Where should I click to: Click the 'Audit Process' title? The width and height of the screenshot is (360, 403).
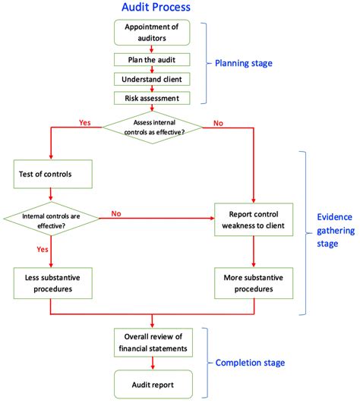156,8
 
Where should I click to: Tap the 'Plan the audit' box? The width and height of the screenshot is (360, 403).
153,59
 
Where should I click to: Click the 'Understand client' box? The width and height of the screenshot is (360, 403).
153,79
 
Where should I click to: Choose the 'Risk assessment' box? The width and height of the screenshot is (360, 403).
153,98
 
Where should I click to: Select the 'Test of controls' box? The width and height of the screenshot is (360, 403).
52,175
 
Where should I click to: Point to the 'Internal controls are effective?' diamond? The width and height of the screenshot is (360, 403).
52,221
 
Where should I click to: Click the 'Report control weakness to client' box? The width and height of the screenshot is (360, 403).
254,221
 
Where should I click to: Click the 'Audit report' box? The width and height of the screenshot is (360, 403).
153,384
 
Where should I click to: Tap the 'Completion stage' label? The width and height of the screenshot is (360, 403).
251,363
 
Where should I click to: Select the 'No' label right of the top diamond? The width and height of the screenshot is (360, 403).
217,121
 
